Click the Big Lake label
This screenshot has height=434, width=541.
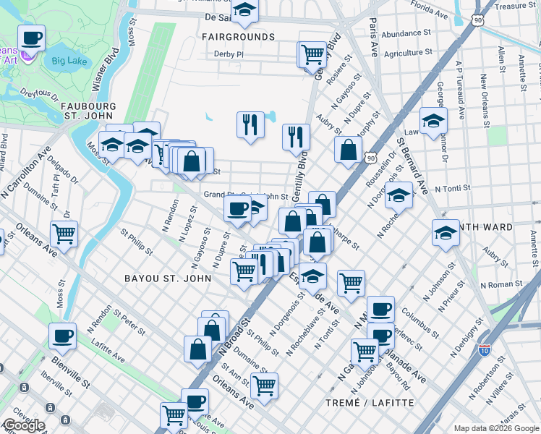(69, 60)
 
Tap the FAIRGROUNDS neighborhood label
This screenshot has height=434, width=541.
(238, 36)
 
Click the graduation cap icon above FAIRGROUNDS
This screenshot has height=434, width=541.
(245, 11)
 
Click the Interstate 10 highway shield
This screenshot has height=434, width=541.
(484, 351)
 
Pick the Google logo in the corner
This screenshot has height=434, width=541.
(23, 425)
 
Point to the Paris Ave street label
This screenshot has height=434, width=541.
(373, 36)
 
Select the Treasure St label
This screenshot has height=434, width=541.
(516, 6)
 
